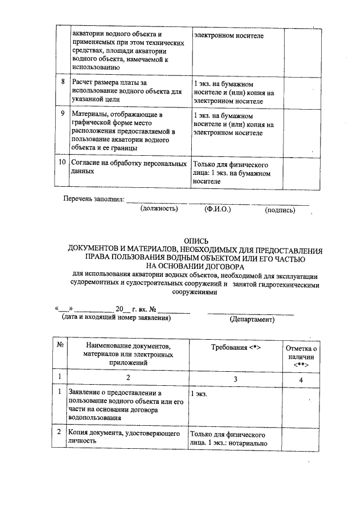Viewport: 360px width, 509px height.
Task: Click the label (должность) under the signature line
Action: pos(159,209)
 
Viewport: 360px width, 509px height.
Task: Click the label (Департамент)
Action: pos(252,319)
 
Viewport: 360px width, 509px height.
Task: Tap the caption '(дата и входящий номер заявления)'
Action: pos(116,318)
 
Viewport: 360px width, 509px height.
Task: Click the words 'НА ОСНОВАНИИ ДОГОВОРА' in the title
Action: pos(195,267)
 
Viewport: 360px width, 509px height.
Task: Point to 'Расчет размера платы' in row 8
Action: pos(107,83)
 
